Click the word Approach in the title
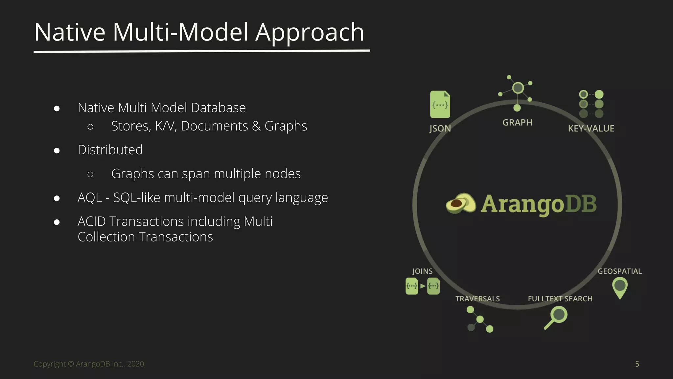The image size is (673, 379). [310, 32]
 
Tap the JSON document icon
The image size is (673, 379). [440, 104]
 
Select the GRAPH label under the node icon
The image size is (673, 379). [517, 122]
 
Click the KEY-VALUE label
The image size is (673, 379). [591, 128]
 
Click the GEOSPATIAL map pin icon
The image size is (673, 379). [620, 286]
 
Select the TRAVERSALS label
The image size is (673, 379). [477, 299]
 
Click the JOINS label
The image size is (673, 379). [422, 271]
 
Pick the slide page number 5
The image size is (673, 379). [637, 364]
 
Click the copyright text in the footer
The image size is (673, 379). [89, 364]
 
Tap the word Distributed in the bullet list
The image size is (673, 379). [110, 150]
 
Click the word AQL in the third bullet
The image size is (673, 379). [89, 197]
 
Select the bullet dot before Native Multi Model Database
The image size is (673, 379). [57, 109]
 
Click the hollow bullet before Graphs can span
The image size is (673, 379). [91, 174]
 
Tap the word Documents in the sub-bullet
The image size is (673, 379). [214, 126]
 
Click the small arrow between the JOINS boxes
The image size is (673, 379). [423, 286]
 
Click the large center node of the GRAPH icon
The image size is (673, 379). [518, 88]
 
